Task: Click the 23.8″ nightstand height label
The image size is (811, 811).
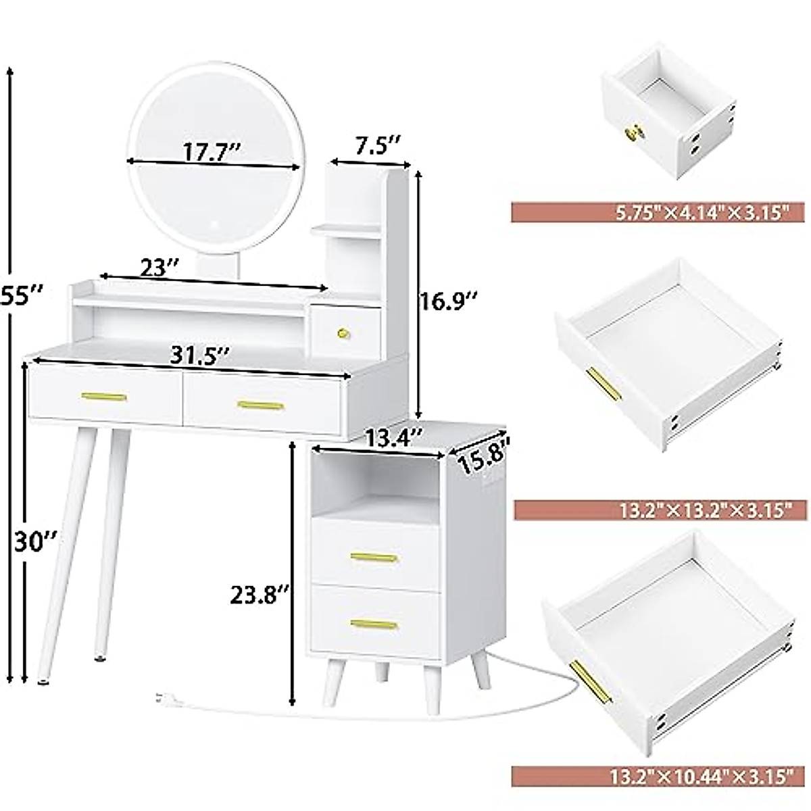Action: pyautogui.click(x=260, y=595)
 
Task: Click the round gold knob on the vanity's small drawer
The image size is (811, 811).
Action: pyautogui.click(x=344, y=332)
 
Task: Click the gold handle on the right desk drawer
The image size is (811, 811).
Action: pyautogui.click(x=261, y=405)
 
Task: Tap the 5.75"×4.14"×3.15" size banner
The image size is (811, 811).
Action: pyautogui.click(x=652, y=213)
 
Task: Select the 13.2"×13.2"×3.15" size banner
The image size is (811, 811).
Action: pyautogui.click(x=652, y=510)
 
